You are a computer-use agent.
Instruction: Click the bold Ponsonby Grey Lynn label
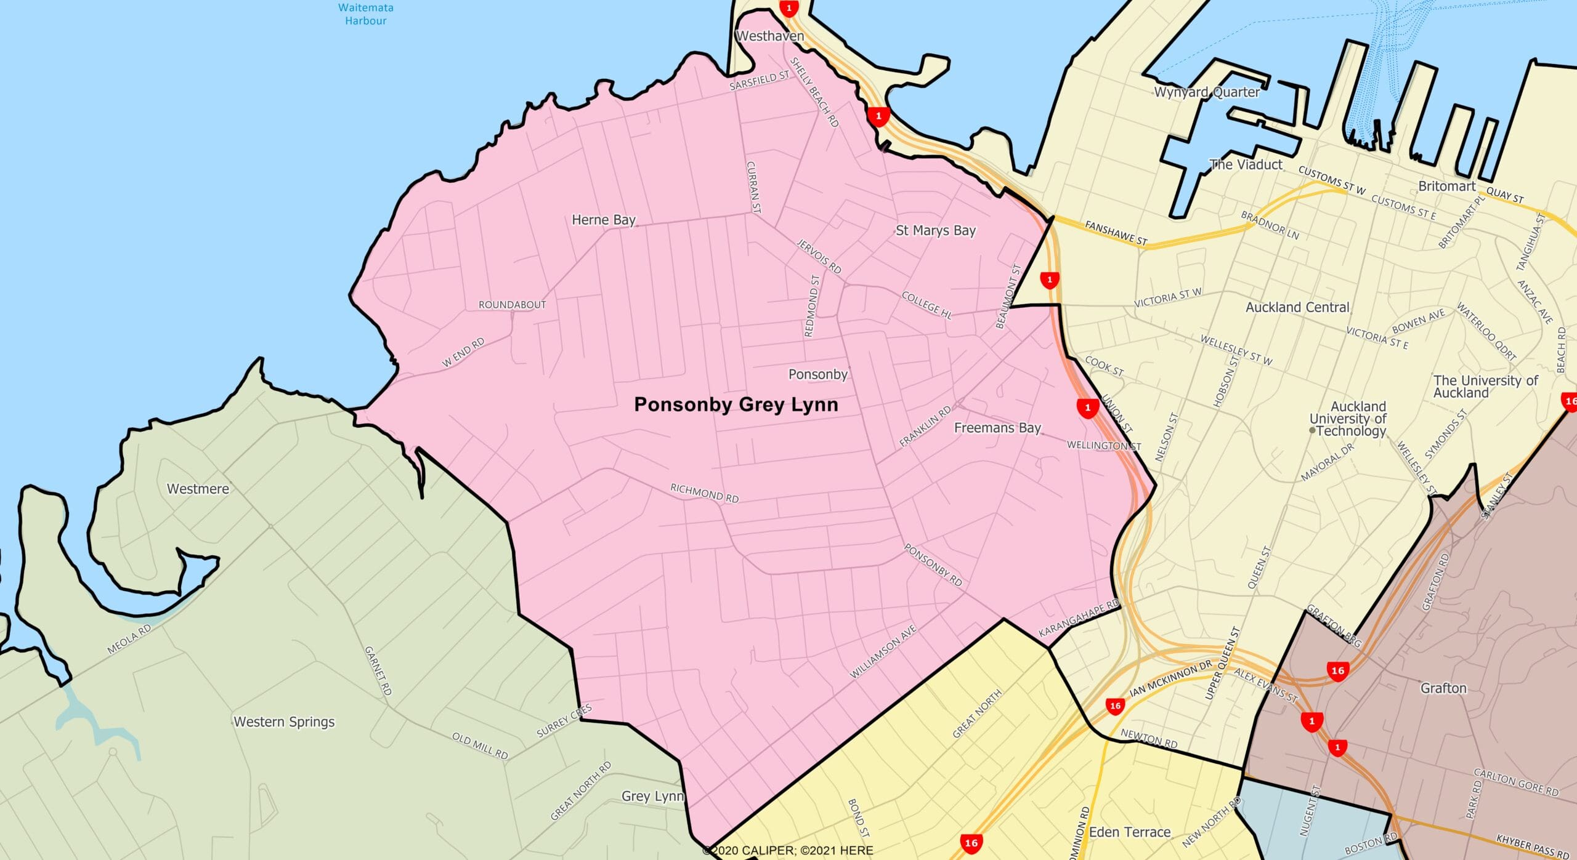tap(736, 404)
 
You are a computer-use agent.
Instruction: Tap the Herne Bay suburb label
tap(603, 220)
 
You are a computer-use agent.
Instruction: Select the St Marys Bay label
tap(936, 230)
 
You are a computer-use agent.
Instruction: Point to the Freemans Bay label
tap(997, 428)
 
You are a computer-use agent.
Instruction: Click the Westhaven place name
tap(770, 36)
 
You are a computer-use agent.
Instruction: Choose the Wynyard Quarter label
tap(1206, 92)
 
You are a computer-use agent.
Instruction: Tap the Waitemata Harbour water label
tap(366, 14)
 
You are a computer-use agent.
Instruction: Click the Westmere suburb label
tap(198, 489)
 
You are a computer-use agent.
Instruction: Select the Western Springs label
tap(284, 721)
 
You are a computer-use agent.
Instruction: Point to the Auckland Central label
tap(1297, 307)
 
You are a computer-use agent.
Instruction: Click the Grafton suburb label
tap(1443, 688)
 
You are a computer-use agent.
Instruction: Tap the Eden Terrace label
tap(1130, 832)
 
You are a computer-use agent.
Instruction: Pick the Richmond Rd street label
tap(704, 493)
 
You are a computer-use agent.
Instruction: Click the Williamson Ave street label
tap(883, 651)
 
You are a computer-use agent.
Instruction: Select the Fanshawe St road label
tap(1116, 233)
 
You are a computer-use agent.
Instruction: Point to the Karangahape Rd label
tap(1079, 617)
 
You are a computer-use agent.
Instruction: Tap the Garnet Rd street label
tap(378, 670)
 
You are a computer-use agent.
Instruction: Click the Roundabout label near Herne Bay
tap(512, 305)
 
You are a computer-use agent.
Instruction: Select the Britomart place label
tap(1447, 186)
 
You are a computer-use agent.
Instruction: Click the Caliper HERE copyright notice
tap(788, 850)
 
